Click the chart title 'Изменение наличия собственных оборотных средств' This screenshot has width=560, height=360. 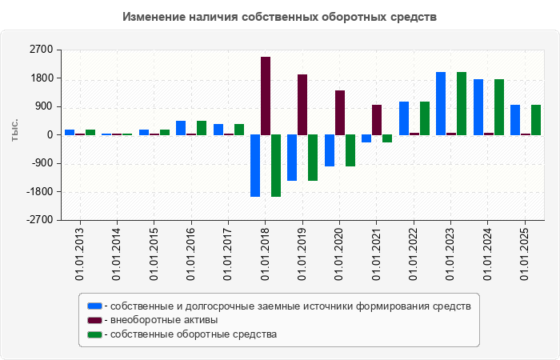280,17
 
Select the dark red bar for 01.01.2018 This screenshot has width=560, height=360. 266,96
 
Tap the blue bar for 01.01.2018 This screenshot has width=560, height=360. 255,166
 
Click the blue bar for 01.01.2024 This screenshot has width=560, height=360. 478,107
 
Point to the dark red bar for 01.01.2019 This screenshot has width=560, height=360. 302,105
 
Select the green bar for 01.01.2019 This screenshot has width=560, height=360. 313,158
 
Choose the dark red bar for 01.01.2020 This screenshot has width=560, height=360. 340,113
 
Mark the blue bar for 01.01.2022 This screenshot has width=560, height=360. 404,118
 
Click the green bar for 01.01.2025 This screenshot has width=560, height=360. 536,120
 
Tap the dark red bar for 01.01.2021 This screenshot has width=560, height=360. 377,120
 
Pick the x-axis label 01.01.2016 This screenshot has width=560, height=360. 191,254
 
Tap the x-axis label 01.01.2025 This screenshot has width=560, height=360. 526,254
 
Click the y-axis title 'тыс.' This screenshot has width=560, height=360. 14,130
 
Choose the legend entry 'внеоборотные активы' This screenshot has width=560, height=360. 165,320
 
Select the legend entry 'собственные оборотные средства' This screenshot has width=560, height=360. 194,334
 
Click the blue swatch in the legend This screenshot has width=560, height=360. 94,306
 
